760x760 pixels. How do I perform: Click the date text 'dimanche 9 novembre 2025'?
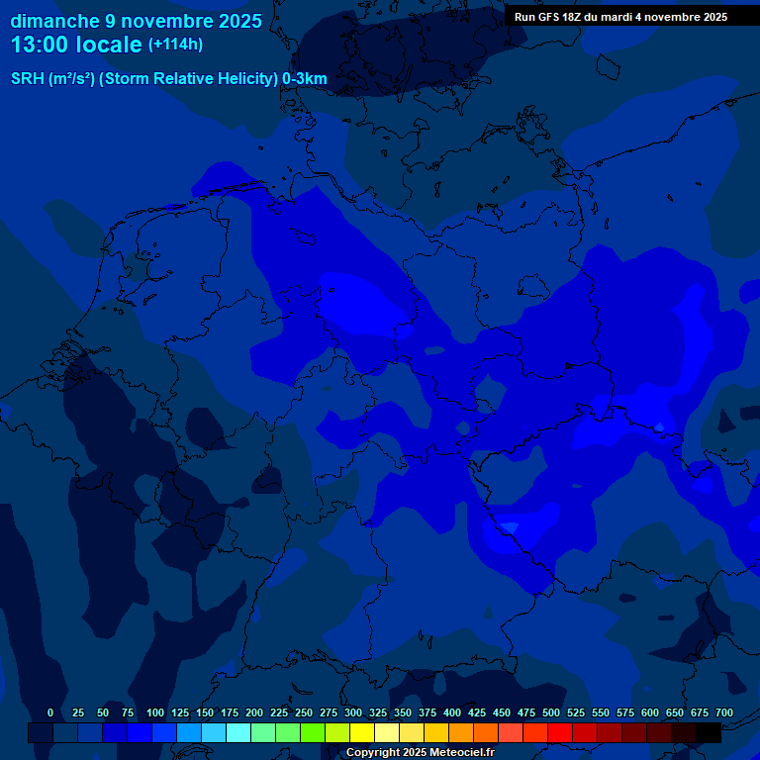tap(136, 21)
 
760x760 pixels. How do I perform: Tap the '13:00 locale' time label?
tap(76, 45)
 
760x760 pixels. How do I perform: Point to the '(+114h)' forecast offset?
tap(175, 45)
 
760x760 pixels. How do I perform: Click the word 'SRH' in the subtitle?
tap(28, 79)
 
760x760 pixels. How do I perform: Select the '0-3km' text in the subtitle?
tap(305, 79)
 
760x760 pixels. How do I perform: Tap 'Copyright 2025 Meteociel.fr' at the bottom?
tap(420, 753)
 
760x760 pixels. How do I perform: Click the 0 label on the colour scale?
tap(50, 712)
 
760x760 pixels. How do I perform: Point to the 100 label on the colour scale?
tap(155, 712)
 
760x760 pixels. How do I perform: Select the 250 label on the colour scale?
tap(304, 712)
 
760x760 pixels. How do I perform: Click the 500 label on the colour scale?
tap(551, 712)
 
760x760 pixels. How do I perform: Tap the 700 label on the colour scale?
tap(724, 712)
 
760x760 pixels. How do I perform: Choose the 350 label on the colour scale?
tap(403, 712)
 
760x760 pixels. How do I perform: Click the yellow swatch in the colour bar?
tap(362, 732)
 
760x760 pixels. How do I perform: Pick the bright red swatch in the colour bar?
tap(560, 732)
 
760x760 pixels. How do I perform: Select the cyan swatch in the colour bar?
tap(238, 732)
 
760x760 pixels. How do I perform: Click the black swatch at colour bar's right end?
tap(709, 732)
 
